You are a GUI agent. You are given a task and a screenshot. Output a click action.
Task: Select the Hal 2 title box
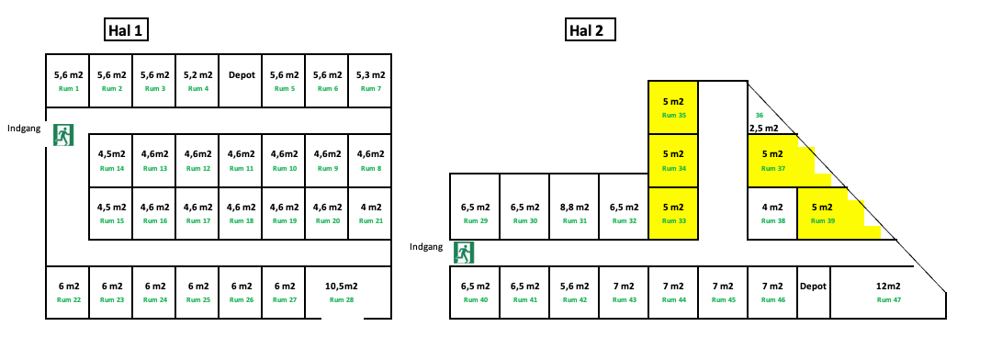point(590,30)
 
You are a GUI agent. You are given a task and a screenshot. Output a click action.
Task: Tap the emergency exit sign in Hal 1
point(63,135)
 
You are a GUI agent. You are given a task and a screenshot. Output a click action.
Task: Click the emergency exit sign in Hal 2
point(464,252)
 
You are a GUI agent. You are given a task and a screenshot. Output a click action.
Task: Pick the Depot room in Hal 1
point(241,81)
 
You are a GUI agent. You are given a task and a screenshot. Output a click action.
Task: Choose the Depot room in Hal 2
point(813,293)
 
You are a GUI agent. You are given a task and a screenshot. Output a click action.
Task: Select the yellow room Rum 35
point(673,107)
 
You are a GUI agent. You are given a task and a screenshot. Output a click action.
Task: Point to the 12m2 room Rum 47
point(887,293)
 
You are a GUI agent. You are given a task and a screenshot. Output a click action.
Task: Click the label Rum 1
point(68,89)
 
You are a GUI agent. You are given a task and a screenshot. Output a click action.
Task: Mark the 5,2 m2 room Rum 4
point(197,81)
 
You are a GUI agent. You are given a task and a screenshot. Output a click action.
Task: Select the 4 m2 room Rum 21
point(370,213)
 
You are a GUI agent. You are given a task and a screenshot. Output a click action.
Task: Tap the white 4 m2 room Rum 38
point(772,213)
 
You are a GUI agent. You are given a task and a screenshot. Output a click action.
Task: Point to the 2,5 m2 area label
point(763,129)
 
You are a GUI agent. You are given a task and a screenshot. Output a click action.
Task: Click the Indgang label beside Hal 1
point(23,129)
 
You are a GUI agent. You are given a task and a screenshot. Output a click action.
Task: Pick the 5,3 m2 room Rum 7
point(370,81)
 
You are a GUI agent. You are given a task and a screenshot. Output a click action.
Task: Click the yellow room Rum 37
point(772,161)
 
